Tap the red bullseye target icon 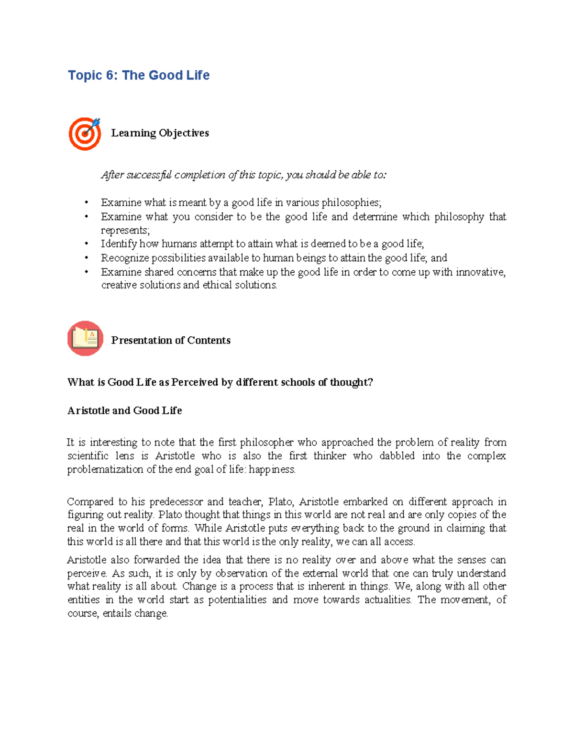click(85, 133)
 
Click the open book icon click(85, 339)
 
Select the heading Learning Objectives click(160, 133)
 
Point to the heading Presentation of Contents click(171, 340)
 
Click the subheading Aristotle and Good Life click(124, 410)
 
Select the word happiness click(272, 469)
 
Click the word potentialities click(237, 600)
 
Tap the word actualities click(387, 600)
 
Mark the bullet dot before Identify click(87, 244)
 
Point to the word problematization click(105, 469)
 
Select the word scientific click(88, 456)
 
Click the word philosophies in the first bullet click(351, 202)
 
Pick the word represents click(125, 230)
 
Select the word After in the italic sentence click(112, 175)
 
